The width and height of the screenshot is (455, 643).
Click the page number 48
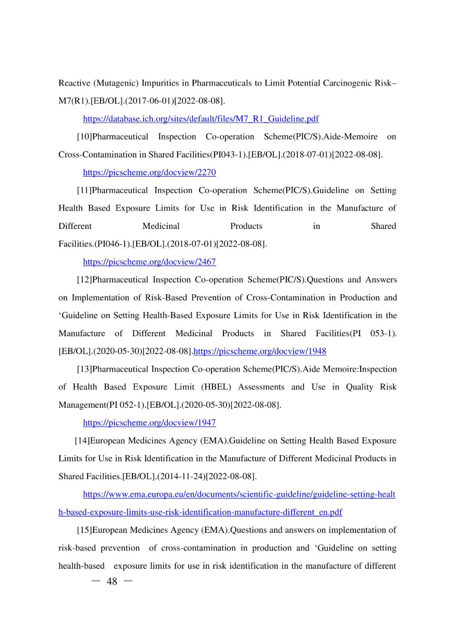[112, 581]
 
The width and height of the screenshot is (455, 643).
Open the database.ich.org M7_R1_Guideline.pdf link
[201, 119]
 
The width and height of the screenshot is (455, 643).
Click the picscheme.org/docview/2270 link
[149, 172]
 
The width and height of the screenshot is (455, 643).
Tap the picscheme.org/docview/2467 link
[149, 262]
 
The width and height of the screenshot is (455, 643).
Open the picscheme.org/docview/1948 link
[260, 351]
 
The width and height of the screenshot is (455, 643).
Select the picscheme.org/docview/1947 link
[149, 423]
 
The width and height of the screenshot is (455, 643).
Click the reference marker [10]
[84, 137]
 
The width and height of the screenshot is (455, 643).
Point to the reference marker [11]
[84, 190]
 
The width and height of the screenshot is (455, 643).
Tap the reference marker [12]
[84, 280]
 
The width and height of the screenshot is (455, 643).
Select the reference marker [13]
[84, 369]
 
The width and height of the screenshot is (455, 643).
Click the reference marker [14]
[82, 441]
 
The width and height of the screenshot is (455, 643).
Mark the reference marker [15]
[84, 530]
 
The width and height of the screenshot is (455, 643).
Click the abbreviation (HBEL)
[216, 387]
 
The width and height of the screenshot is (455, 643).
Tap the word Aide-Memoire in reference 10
[350, 137]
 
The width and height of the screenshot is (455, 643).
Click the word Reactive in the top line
[74, 83]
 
